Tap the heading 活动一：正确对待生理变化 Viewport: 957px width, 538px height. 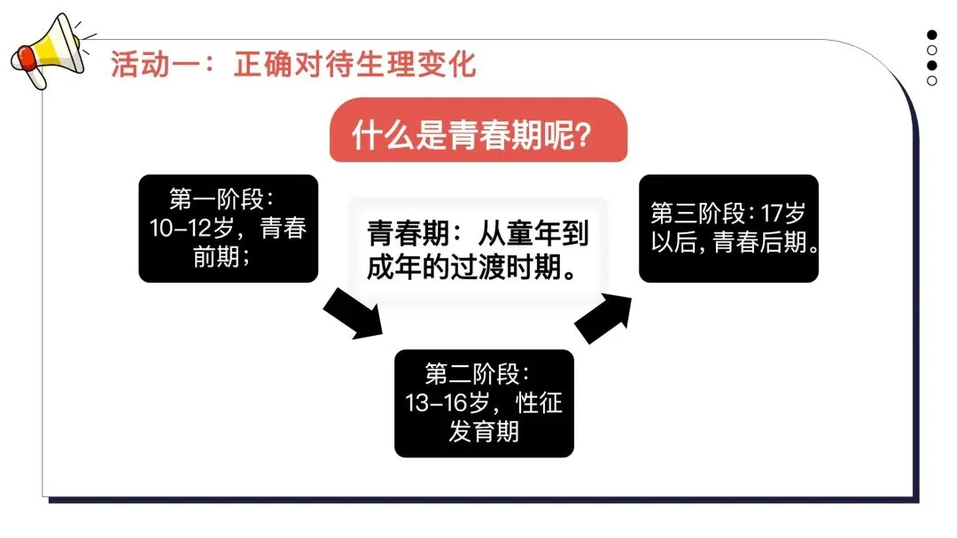pos(293,65)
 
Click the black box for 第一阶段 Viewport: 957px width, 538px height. pos(229,229)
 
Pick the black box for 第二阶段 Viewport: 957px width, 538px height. pos(484,403)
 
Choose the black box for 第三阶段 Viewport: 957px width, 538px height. pos(728,229)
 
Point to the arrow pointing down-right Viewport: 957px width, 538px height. pos(353,313)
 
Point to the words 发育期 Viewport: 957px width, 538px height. pos(484,433)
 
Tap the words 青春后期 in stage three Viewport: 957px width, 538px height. pos(763,243)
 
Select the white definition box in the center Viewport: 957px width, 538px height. pos(478,251)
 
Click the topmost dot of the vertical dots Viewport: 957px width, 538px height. pos(932,35)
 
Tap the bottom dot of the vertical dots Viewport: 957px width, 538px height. pos(932,81)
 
